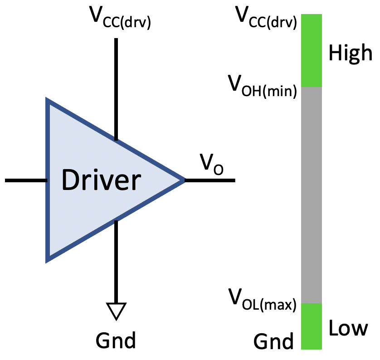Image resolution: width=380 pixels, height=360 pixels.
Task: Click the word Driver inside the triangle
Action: tap(101, 180)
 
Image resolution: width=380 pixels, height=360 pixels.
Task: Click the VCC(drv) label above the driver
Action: tap(121, 18)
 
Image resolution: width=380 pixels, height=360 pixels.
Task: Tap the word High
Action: tap(350, 53)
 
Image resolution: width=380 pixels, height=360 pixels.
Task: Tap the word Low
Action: tap(348, 327)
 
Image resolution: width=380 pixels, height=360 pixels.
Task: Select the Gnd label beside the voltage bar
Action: tap(273, 341)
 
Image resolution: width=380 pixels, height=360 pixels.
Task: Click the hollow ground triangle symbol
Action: tap(116, 310)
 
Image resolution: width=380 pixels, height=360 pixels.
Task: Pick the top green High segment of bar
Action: tap(311, 50)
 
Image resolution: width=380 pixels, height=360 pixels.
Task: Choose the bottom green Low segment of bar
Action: tap(311, 326)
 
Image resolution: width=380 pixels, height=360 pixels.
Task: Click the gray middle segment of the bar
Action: tap(311, 195)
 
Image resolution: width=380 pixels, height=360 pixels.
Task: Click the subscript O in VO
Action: tap(218, 170)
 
